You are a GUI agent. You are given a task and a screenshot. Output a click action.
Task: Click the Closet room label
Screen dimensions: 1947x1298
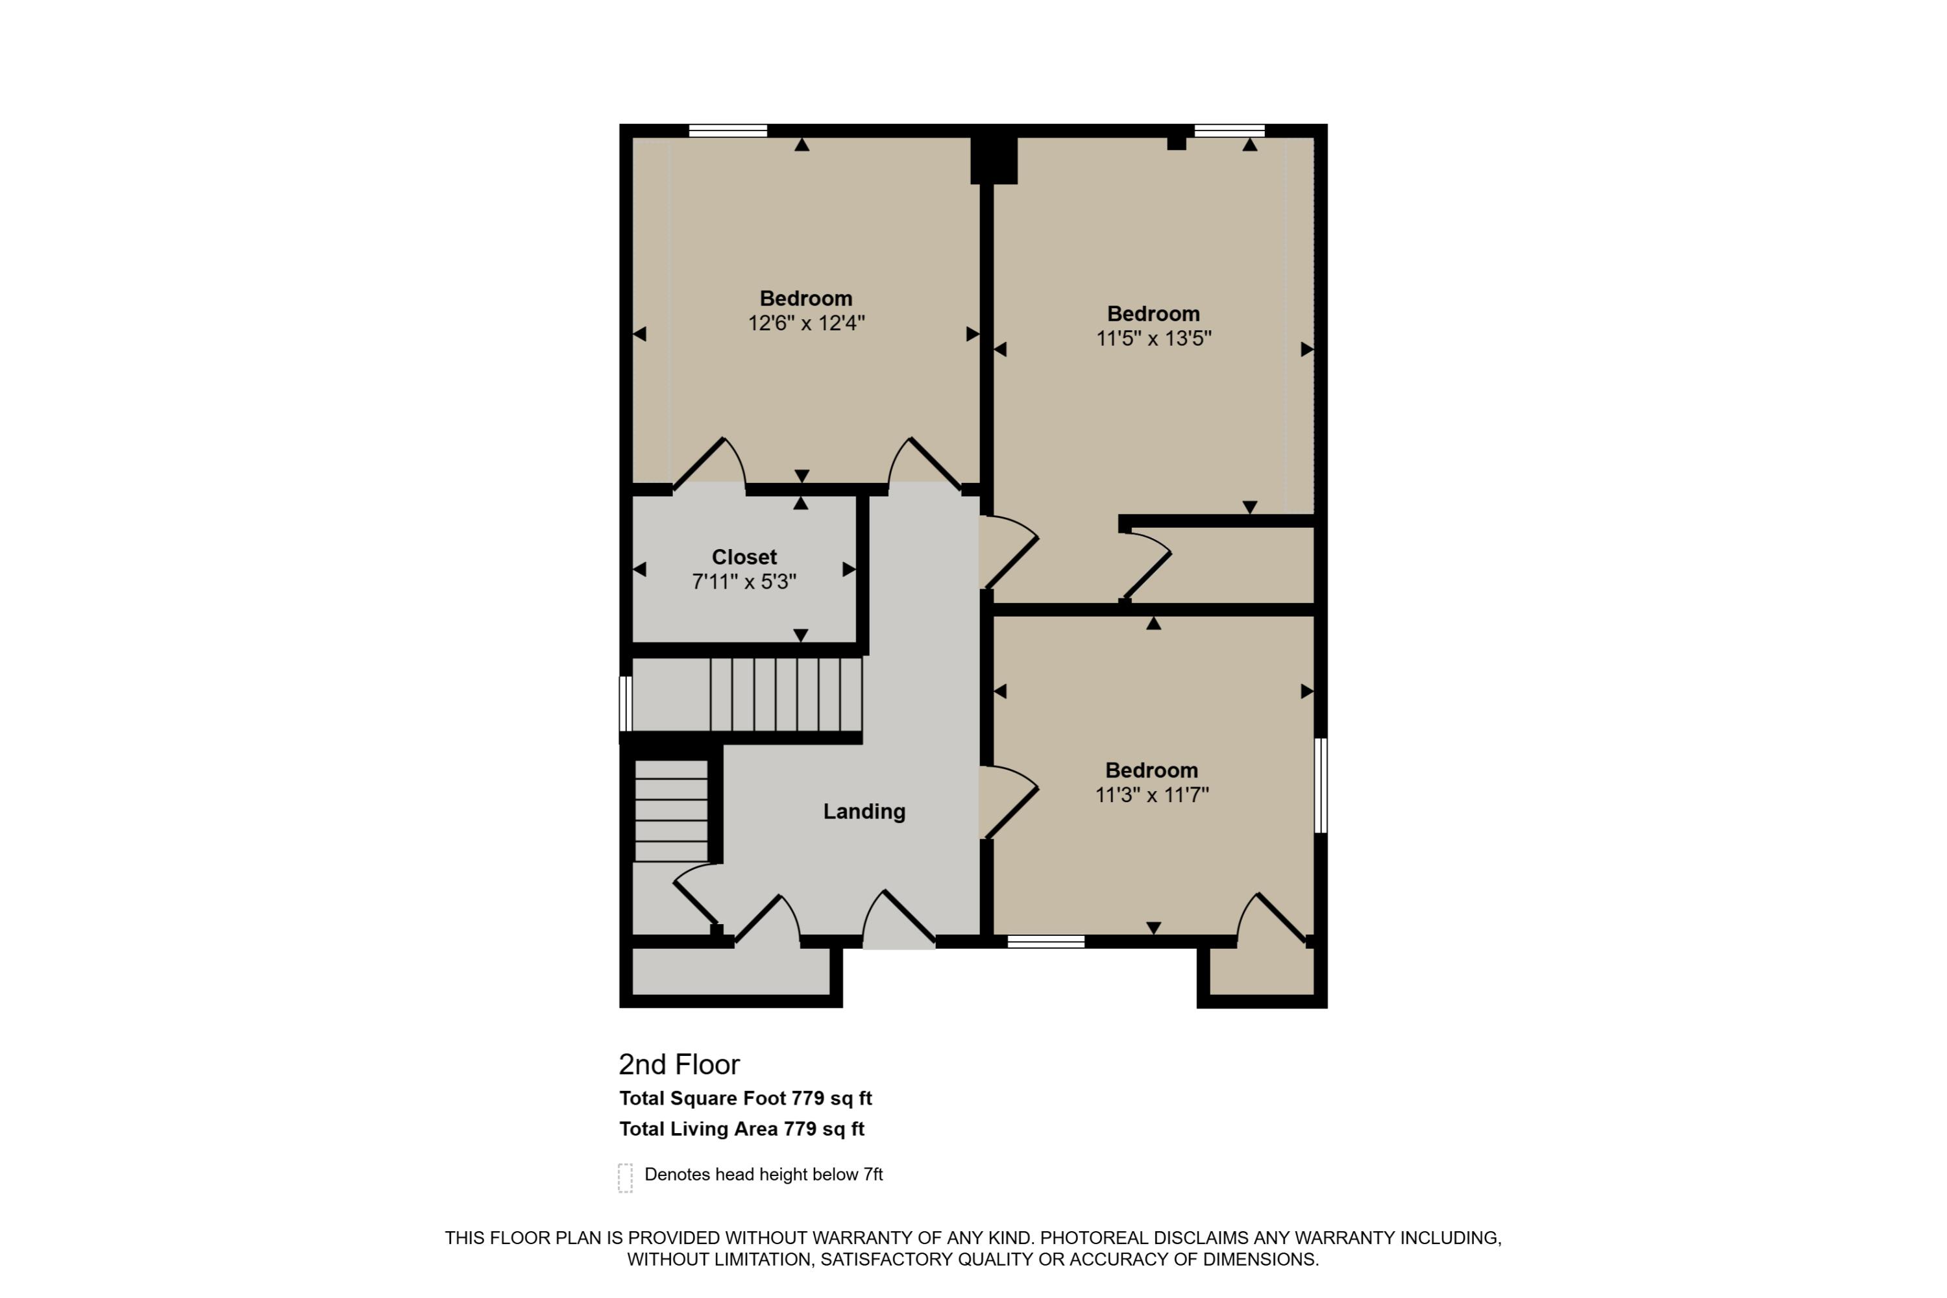(744, 557)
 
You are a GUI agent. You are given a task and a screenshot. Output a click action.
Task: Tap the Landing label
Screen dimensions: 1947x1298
(864, 811)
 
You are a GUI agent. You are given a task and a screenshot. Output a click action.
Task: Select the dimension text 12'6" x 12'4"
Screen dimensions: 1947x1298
(806, 323)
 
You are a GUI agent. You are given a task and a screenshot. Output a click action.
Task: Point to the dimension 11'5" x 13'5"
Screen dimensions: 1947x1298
(1154, 339)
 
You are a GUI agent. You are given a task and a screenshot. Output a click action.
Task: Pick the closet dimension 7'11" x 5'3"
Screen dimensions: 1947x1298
(744, 582)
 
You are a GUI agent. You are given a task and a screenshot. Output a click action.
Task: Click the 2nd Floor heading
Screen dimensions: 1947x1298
(680, 1064)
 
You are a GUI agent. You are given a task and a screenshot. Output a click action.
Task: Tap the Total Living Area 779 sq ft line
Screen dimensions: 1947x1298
(742, 1129)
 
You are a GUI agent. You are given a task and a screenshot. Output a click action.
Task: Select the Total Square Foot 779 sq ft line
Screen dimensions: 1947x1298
(746, 1099)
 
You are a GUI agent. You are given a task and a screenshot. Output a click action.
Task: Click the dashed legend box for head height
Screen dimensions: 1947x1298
(625, 1178)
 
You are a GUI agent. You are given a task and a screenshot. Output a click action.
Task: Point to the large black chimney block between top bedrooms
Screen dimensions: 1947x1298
(994, 160)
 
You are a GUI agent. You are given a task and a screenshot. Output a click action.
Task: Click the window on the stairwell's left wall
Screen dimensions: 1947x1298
(626, 704)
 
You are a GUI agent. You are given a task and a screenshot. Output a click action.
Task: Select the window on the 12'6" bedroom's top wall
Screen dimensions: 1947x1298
(728, 130)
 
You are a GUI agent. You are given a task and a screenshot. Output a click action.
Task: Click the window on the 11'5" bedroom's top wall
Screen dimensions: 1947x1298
(1229, 130)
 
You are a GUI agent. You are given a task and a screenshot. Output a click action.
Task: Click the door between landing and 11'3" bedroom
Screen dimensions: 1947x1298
(1009, 803)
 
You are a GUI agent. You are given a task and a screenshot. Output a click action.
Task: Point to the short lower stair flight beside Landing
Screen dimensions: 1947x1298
(671, 811)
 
